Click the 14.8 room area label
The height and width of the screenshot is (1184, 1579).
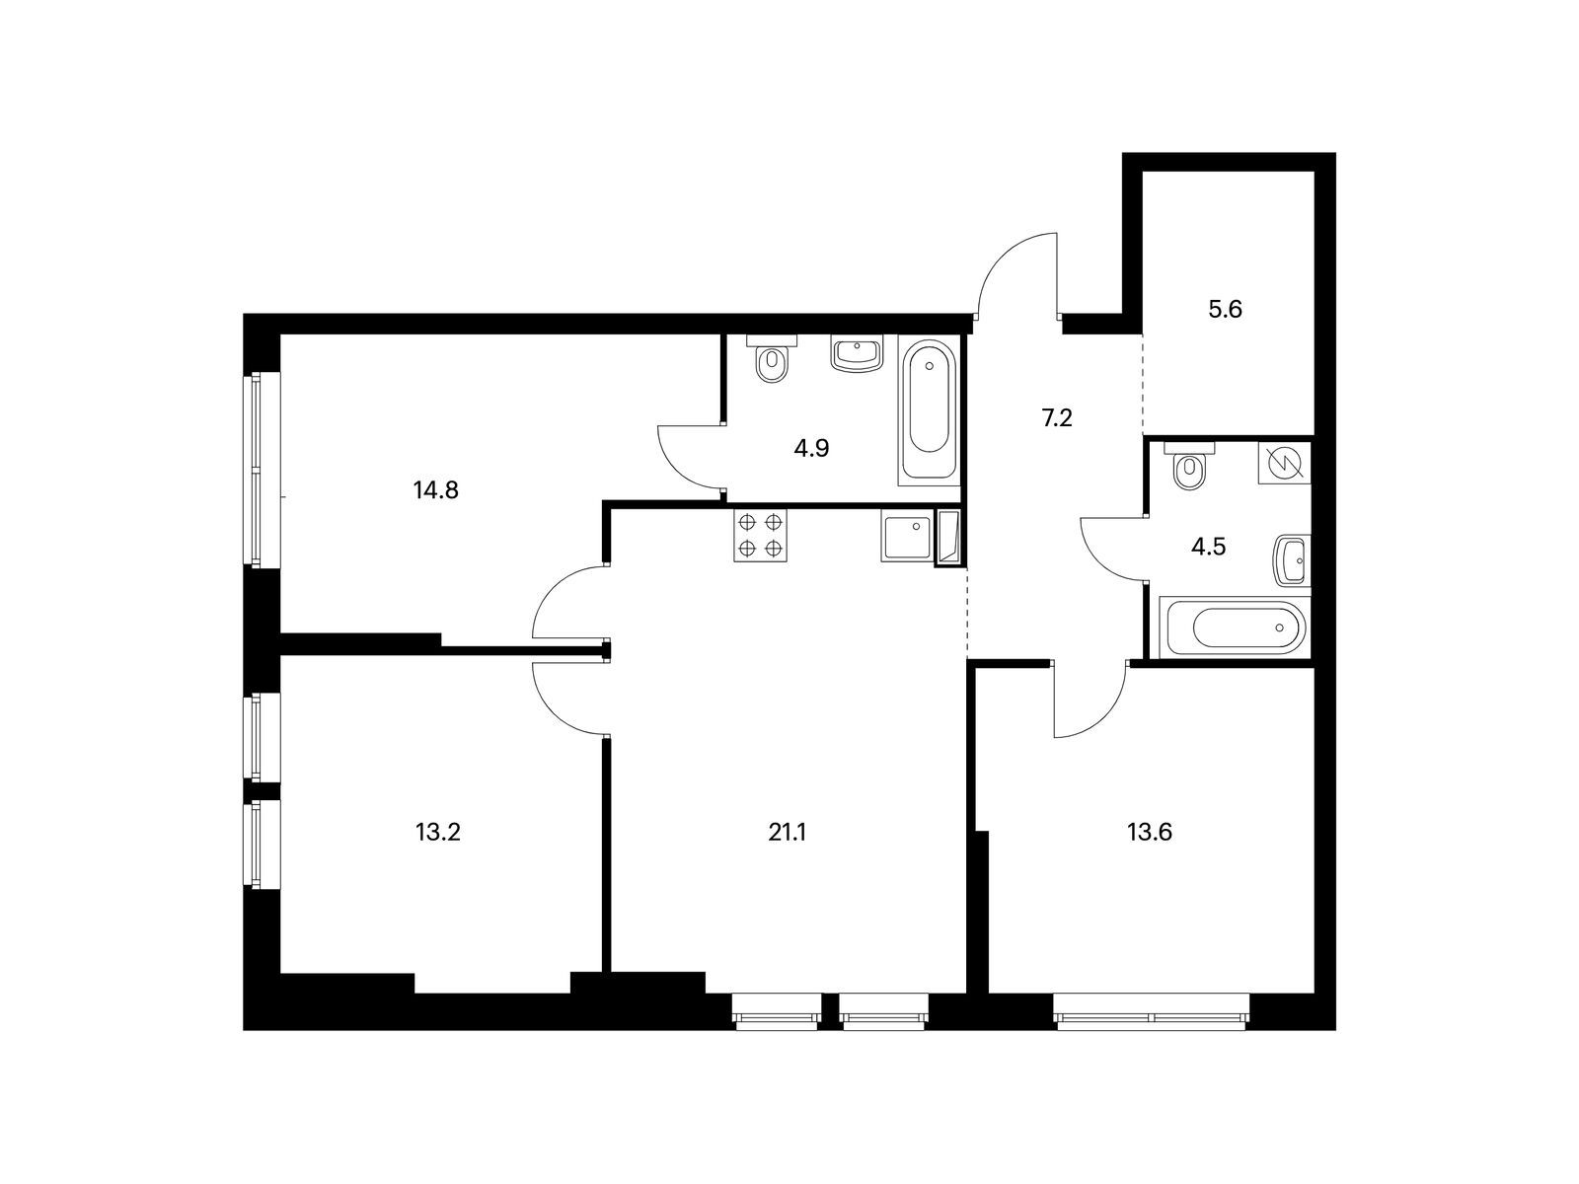pyautogui.click(x=436, y=490)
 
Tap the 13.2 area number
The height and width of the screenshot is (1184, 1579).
pyautogui.click(x=438, y=832)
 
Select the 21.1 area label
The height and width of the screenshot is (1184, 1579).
pyautogui.click(x=787, y=832)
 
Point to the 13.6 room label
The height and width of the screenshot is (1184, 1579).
pyautogui.click(x=1150, y=832)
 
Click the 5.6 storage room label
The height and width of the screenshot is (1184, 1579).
pyautogui.click(x=1225, y=310)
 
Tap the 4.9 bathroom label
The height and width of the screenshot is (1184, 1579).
pyautogui.click(x=811, y=449)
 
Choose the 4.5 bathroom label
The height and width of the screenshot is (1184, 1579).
pyautogui.click(x=1208, y=548)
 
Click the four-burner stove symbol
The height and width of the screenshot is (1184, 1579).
pyautogui.click(x=761, y=536)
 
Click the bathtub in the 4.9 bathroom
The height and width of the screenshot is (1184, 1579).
pyautogui.click(x=929, y=411)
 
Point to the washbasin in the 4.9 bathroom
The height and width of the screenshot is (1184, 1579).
pyautogui.click(x=857, y=353)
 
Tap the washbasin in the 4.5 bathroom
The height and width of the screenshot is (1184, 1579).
pyautogui.click(x=1292, y=560)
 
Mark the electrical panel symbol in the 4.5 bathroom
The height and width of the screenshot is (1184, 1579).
pyautogui.click(x=1284, y=463)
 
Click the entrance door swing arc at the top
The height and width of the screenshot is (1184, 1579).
pyautogui.click(x=1016, y=271)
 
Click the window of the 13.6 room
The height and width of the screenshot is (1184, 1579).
pyautogui.click(x=1152, y=1012)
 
